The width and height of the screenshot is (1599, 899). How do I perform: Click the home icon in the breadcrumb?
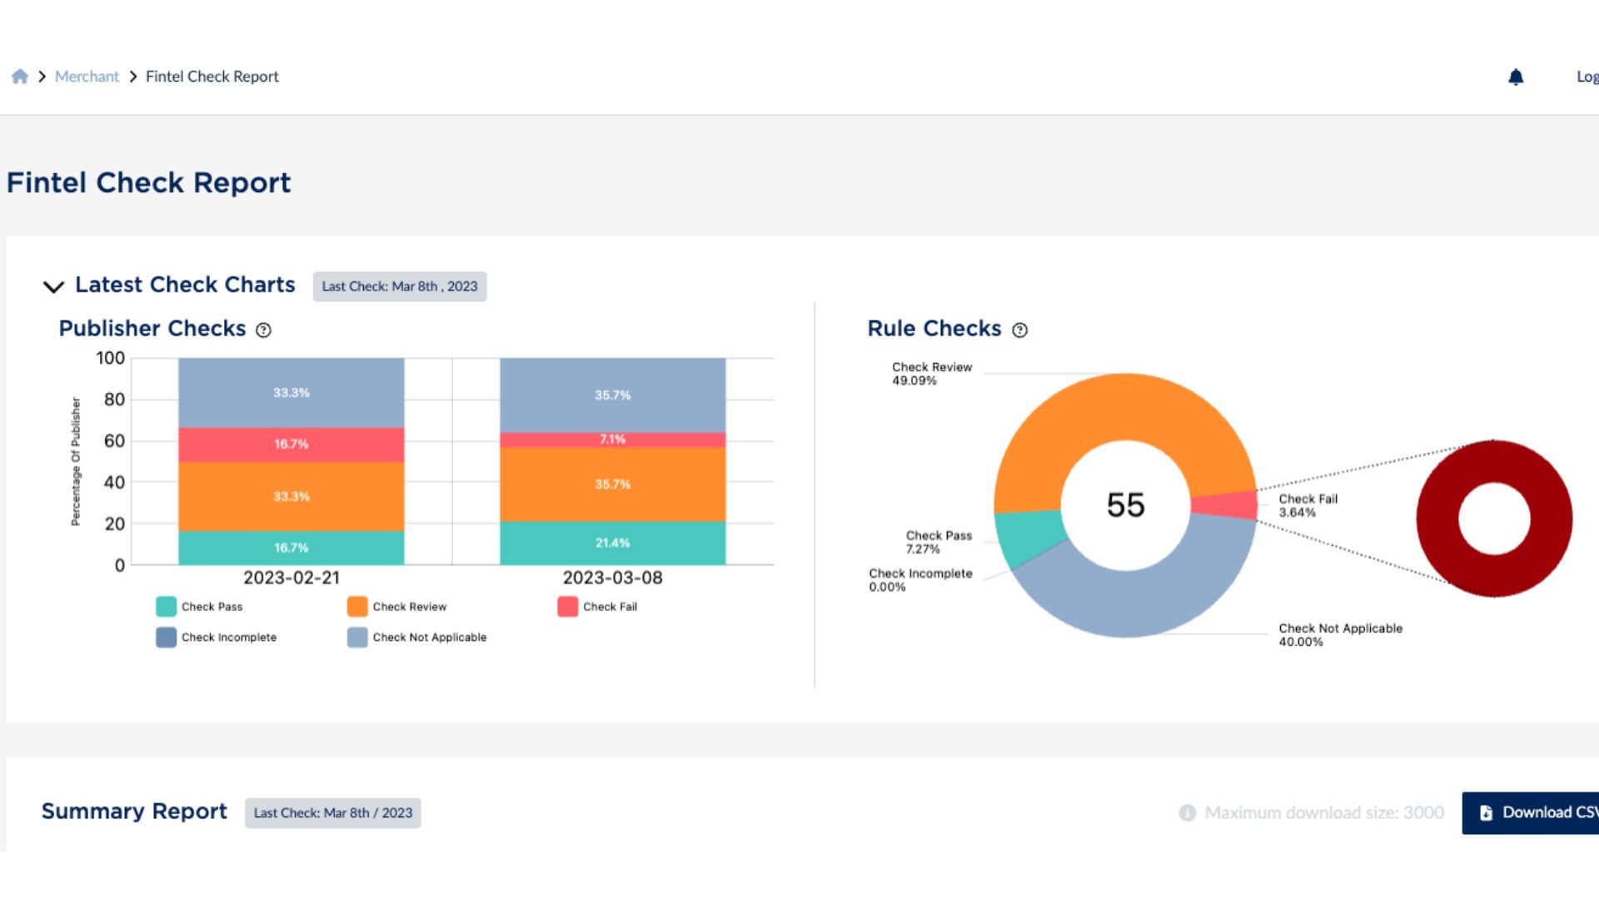(x=20, y=77)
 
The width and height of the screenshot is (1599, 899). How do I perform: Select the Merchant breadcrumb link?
(x=87, y=77)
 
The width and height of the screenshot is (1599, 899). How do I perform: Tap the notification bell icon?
(x=1516, y=77)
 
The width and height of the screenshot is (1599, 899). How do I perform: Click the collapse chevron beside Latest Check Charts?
(x=53, y=286)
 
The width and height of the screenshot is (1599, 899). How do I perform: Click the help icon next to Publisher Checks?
(x=263, y=330)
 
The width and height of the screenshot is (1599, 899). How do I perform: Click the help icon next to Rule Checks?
(x=1019, y=330)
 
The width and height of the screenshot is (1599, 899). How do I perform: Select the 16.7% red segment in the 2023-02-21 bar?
(x=291, y=445)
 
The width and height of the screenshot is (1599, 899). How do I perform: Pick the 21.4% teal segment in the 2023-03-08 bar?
(x=612, y=543)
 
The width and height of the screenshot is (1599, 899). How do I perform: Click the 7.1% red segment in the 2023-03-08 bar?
(x=612, y=440)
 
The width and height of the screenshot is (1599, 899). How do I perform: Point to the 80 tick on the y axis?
(x=114, y=400)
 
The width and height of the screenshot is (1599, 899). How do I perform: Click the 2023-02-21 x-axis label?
(x=291, y=578)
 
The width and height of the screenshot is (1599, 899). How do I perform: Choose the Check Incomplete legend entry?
(x=217, y=638)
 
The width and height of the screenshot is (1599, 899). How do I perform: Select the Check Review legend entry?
(x=397, y=607)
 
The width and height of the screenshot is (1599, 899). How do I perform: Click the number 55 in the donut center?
(x=1125, y=505)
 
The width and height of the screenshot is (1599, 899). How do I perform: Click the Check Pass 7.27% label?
(x=938, y=542)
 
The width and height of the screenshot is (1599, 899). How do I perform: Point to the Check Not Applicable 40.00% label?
(x=1339, y=635)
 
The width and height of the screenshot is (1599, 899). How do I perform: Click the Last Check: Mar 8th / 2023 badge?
(x=332, y=813)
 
